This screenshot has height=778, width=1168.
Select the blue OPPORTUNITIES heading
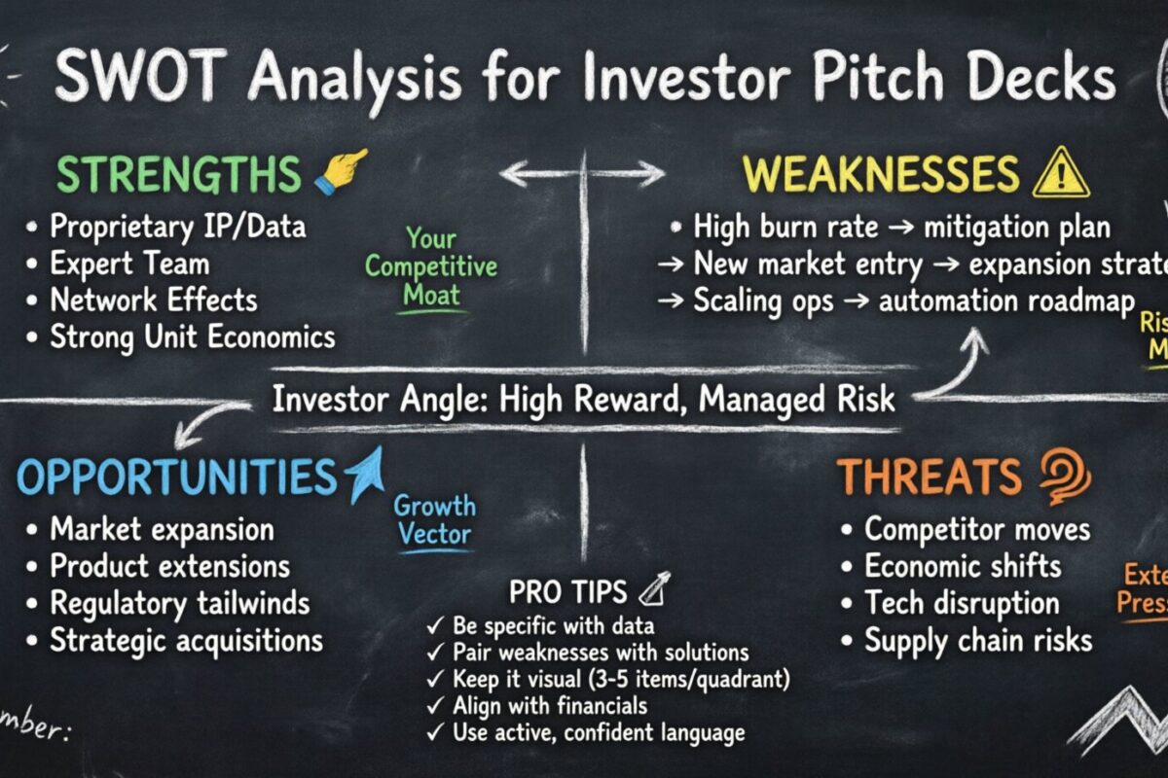point(176,477)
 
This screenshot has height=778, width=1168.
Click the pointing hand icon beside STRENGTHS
point(341,170)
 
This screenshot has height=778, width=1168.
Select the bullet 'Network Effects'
point(154,300)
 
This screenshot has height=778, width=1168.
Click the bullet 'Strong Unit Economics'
point(192,336)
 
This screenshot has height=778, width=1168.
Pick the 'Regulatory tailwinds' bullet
point(179,603)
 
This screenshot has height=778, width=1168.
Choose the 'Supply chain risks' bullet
point(977,640)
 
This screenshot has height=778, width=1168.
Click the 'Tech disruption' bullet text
point(961,603)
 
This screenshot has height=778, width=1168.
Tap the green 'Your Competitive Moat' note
point(431,265)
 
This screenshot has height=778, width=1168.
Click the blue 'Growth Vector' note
point(434,520)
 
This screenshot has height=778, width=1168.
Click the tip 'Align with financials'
point(550,705)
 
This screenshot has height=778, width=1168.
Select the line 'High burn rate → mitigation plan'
point(901,229)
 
